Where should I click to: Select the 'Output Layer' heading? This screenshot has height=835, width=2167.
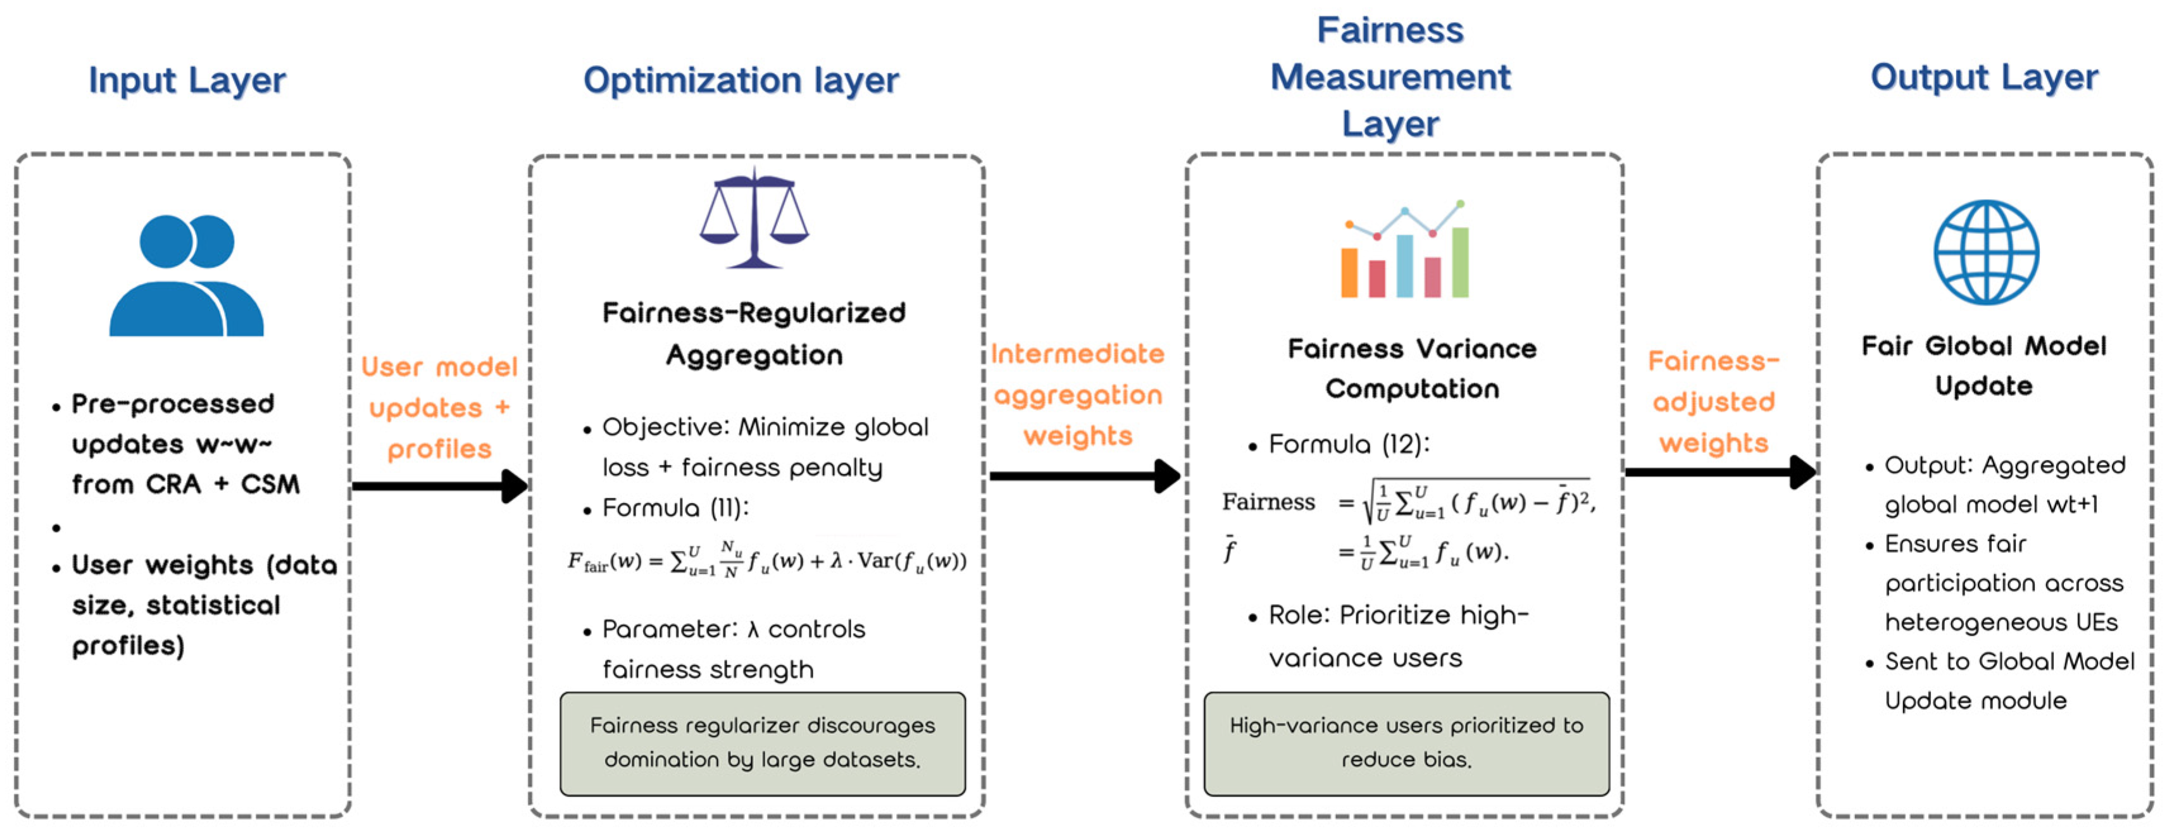1983,77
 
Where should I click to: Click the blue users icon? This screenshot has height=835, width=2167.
187,275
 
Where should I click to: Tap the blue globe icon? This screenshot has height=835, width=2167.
1985,252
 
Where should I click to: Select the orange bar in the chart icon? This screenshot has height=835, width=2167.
1349,273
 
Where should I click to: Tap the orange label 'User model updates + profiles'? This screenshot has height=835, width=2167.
439,408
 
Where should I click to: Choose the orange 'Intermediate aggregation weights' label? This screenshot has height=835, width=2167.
1078,394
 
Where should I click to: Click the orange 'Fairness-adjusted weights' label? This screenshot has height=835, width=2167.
1714,402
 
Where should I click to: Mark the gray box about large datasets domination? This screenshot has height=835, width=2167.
762,743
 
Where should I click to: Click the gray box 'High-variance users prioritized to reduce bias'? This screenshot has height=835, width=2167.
1406,743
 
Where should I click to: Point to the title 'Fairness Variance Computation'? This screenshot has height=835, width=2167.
1411,368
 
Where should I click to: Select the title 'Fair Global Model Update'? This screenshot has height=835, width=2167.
1983,366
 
